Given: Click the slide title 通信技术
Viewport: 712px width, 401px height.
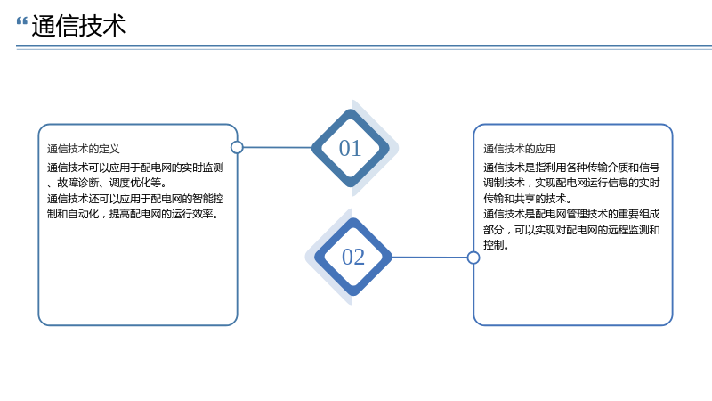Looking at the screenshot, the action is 79,26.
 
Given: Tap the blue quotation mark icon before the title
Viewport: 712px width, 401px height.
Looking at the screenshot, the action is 21,21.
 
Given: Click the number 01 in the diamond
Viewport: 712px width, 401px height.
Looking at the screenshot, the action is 350,148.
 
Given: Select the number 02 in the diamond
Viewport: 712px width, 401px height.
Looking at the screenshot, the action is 353,257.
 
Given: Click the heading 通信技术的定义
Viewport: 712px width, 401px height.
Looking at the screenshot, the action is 84,149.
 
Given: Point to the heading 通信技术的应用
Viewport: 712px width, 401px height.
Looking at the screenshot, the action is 520,149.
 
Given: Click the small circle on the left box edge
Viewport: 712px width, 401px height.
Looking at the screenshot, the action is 237,147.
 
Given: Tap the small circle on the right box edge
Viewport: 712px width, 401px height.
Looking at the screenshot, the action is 473,258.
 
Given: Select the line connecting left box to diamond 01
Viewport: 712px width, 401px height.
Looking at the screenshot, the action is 278,147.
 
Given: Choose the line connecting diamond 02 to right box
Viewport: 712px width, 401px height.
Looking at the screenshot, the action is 430,258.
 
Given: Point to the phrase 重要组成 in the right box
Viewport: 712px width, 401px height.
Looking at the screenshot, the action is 639,214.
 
